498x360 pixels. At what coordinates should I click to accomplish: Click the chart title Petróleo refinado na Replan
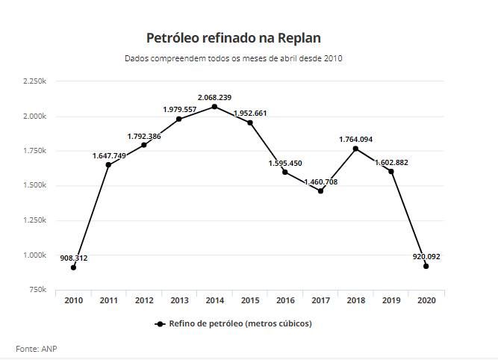[233, 37]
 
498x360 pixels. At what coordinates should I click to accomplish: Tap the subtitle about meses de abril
[233, 58]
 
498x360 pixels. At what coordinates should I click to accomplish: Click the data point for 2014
[214, 107]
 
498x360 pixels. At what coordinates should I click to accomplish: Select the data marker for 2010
[73, 267]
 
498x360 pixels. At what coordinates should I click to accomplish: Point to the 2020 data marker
[426, 266]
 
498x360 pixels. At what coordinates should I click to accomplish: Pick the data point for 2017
[320, 191]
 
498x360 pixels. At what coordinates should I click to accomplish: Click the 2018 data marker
[355, 149]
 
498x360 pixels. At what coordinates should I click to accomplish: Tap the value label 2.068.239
[214, 97]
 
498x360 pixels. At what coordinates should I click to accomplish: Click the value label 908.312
[74, 258]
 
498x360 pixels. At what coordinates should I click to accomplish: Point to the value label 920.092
[426, 256]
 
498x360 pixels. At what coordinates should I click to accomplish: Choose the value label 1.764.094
[355, 139]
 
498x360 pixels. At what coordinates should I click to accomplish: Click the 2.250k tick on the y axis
[34, 81]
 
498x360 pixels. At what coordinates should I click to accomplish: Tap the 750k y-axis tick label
[37, 290]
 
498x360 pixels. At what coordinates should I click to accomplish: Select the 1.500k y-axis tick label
[34, 186]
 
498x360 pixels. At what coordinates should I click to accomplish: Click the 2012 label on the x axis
[144, 300]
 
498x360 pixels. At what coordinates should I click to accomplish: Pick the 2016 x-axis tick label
[285, 300]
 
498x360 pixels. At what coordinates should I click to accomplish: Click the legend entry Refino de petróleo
[233, 323]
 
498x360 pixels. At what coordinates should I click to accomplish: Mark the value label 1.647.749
[109, 155]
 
